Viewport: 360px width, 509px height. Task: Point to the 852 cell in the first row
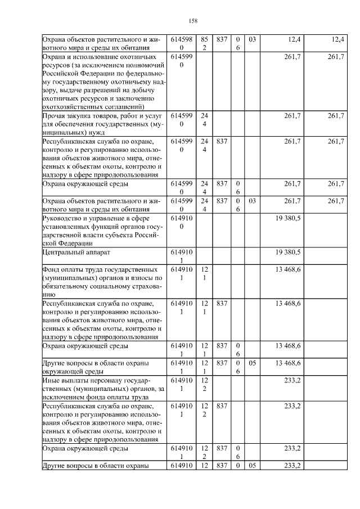click(205, 44)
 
